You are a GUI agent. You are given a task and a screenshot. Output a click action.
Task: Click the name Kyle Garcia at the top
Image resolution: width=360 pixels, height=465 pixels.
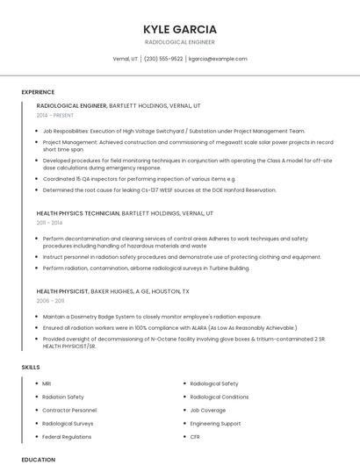[x=179, y=28]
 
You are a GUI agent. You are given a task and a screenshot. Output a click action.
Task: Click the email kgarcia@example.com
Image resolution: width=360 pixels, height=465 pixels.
[x=218, y=59]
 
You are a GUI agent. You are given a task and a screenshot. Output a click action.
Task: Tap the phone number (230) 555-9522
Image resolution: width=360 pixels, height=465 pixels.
[x=163, y=59]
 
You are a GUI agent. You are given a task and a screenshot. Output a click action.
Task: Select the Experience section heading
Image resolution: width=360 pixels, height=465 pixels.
[x=38, y=92]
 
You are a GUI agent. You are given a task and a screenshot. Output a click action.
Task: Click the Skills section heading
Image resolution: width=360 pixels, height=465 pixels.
[x=31, y=366]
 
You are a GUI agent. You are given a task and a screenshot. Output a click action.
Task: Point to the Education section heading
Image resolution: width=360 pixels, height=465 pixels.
[x=38, y=459]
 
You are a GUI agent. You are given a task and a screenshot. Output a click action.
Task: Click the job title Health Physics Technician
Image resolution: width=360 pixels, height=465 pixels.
[x=78, y=213]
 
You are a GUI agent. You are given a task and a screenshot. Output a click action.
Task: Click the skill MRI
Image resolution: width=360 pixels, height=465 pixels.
[x=47, y=383]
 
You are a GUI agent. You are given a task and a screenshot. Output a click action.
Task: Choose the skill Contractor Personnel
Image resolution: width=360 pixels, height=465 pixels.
[x=69, y=410]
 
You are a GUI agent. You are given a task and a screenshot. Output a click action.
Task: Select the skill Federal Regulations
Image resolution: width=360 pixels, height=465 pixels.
[x=67, y=436]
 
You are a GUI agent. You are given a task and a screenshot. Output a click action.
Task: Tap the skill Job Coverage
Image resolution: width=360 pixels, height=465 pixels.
[x=207, y=410]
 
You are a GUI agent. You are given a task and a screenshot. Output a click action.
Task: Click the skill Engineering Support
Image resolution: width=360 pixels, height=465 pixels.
[x=215, y=423]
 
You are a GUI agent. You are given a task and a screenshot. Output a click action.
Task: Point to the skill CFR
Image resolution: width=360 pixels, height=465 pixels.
[x=195, y=436]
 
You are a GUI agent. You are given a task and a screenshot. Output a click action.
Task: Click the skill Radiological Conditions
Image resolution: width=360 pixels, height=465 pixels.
[x=219, y=397]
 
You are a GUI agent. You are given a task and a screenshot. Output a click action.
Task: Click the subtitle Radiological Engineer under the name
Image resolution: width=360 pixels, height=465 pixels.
[x=179, y=41]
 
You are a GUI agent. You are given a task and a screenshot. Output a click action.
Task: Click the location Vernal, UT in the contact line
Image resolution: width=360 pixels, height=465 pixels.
[x=126, y=59]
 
